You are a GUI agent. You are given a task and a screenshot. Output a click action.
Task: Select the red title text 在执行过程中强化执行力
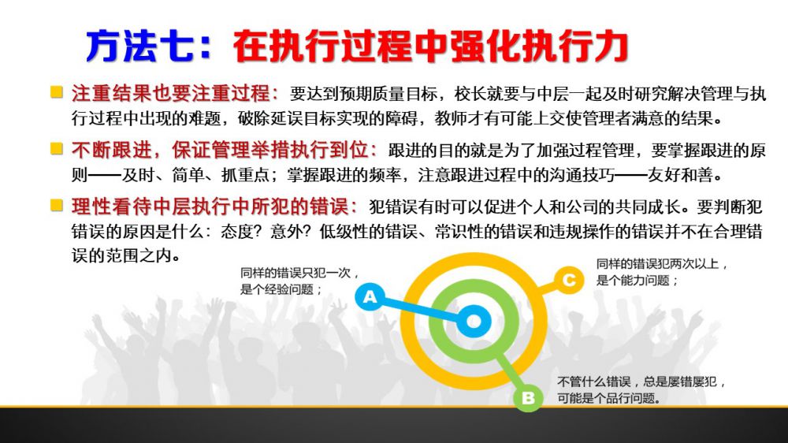(431, 47)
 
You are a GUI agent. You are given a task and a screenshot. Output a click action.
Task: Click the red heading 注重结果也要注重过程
(171, 93)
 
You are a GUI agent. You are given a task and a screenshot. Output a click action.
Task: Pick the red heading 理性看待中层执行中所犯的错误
(210, 207)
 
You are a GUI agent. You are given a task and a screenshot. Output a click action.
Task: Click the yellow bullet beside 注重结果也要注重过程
(57, 92)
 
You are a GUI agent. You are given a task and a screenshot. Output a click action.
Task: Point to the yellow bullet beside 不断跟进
(57, 148)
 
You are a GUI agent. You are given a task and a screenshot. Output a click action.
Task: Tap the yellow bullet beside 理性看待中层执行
(57, 205)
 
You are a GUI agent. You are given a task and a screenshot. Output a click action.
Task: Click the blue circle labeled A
(370, 296)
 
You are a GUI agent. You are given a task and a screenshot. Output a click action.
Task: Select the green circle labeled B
(528, 398)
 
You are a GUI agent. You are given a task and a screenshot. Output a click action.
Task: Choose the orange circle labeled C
(569, 280)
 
